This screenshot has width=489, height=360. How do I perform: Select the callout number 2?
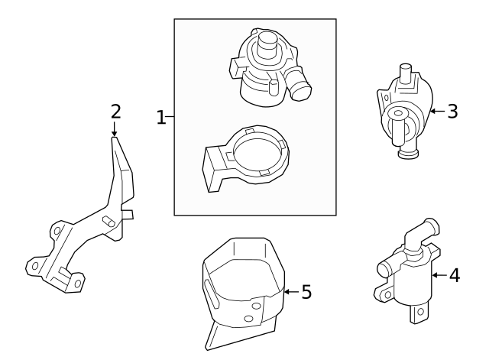coord(115,112)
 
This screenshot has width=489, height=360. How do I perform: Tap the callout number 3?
coord(452,112)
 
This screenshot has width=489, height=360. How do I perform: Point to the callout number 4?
coord(454,274)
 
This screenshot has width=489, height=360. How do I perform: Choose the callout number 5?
coord(306,291)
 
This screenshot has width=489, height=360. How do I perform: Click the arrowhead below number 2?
coord(115,133)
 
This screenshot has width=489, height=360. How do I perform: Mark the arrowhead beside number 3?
coord(432,112)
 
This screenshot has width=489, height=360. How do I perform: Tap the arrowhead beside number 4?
coord(434,274)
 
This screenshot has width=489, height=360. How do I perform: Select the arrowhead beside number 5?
coord(287,291)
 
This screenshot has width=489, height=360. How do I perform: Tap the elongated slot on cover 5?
coord(206,294)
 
